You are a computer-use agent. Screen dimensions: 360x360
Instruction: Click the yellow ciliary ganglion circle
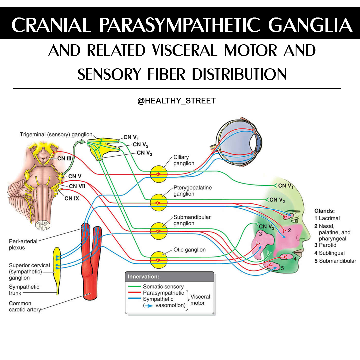tap(159, 174)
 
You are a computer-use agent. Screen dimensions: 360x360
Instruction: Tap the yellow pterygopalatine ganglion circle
tap(159, 203)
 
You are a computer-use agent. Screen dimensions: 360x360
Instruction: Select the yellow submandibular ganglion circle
tap(159, 231)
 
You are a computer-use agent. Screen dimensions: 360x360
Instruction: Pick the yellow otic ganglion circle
tap(159, 260)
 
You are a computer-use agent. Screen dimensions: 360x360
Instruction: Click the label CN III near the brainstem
tap(64, 158)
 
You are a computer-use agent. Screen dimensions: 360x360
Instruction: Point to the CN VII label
tap(77, 186)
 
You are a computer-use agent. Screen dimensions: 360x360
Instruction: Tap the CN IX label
tap(72, 198)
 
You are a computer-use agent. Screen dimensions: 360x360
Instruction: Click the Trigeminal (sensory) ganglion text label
tap(56, 135)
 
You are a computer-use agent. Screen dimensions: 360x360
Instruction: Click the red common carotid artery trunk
tap(91, 264)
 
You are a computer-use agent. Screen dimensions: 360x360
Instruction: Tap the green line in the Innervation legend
tap(135, 287)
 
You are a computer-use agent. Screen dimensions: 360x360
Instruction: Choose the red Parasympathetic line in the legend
tap(135, 293)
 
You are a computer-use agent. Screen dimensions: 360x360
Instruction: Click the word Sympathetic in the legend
tap(158, 299)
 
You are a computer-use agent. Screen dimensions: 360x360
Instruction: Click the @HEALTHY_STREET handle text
tap(177, 101)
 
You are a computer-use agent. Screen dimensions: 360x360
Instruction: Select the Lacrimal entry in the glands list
tap(327, 218)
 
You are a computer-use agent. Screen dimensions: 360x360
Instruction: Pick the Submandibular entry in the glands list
tap(335, 261)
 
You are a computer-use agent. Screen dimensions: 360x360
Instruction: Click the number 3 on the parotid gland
tap(260, 234)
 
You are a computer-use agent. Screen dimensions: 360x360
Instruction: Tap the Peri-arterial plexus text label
tap(23, 244)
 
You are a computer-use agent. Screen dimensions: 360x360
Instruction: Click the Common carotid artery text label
tap(25, 306)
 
